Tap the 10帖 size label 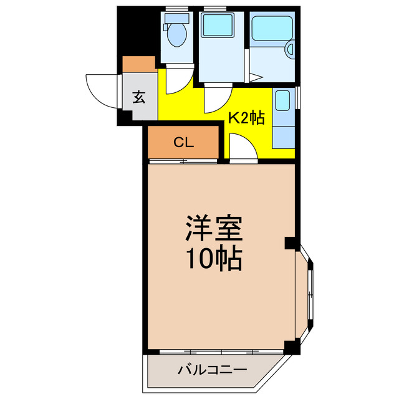click(x=213, y=258)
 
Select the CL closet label click(x=183, y=142)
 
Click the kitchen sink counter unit click(x=282, y=118)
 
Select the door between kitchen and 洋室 click(x=241, y=150)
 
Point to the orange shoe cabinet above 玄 click(x=139, y=64)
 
